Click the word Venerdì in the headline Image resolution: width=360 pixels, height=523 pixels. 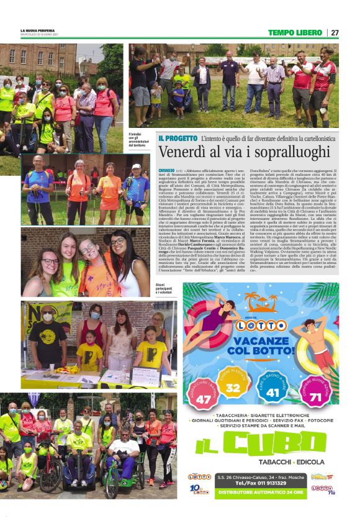click(181, 152)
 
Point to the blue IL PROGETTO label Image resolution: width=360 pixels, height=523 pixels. click(178, 138)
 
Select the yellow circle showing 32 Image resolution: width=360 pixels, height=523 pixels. click(233, 388)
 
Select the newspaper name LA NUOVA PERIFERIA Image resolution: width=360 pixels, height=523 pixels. click(41, 30)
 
